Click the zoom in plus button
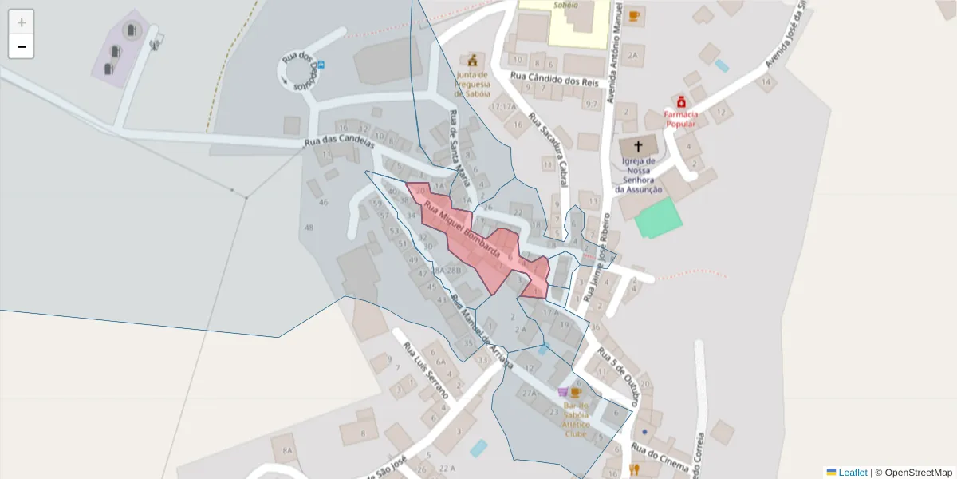pos(22,22)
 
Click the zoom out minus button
pos(22,46)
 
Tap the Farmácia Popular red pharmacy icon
pos(681,102)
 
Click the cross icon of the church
pos(638,146)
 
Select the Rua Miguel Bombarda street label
pos(462,231)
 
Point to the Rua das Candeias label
pos(339,144)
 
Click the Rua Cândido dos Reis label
pos(554,79)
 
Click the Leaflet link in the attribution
pos(853,473)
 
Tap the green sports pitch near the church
pos(659,218)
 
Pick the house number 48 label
pos(309,228)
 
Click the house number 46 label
pos(323,202)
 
